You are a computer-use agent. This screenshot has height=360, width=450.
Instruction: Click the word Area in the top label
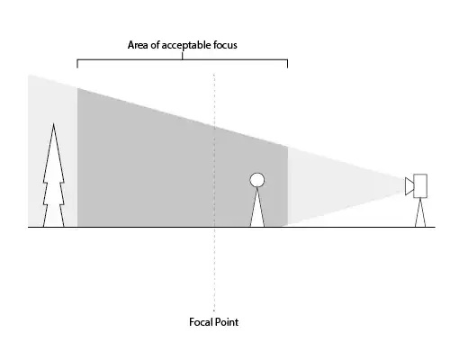[x=137, y=45]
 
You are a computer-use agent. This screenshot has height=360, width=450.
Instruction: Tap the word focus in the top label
[x=225, y=45]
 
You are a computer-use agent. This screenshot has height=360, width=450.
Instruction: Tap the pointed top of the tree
[x=54, y=123]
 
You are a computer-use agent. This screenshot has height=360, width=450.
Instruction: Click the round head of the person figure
[x=257, y=180]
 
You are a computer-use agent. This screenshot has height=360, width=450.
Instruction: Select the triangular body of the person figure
[x=257, y=210]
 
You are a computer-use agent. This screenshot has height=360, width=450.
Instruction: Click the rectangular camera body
[x=420, y=186]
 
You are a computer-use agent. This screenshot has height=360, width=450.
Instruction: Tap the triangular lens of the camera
[x=409, y=186]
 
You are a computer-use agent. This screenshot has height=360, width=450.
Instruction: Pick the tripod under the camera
[x=420, y=212]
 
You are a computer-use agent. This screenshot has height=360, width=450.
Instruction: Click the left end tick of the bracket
[x=77, y=64]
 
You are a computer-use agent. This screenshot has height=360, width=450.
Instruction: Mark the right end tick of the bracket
[x=287, y=64]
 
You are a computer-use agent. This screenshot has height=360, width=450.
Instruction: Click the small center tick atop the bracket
[x=182, y=56]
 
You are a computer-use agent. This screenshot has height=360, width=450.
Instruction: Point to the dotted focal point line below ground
[x=214, y=269]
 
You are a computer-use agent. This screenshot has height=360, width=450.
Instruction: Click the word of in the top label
[x=154, y=45]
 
